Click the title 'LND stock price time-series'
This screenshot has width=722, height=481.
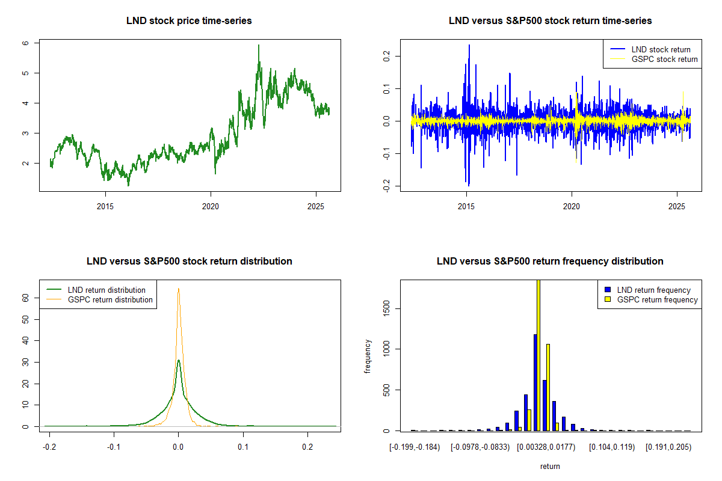(x=189, y=20)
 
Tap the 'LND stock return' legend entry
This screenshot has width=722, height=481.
(x=661, y=49)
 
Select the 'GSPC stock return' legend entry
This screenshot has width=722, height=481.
(x=664, y=59)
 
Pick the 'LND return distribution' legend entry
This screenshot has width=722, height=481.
(x=106, y=290)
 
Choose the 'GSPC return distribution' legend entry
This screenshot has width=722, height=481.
(x=110, y=299)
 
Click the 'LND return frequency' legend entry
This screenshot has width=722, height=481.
(x=654, y=290)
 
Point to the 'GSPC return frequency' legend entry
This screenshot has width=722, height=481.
(x=658, y=299)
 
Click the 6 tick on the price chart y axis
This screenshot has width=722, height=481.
(x=25, y=43)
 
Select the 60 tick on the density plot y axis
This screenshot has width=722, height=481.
(x=25, y=298)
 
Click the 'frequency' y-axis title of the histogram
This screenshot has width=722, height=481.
(x=368, y=356)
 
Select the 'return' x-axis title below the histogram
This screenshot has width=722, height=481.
(x=550, y=466)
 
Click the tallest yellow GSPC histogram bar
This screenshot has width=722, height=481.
(x=538, y=355)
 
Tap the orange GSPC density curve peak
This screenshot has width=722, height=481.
(x=179, y=289)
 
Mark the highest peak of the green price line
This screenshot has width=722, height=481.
(x=259, y=46)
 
